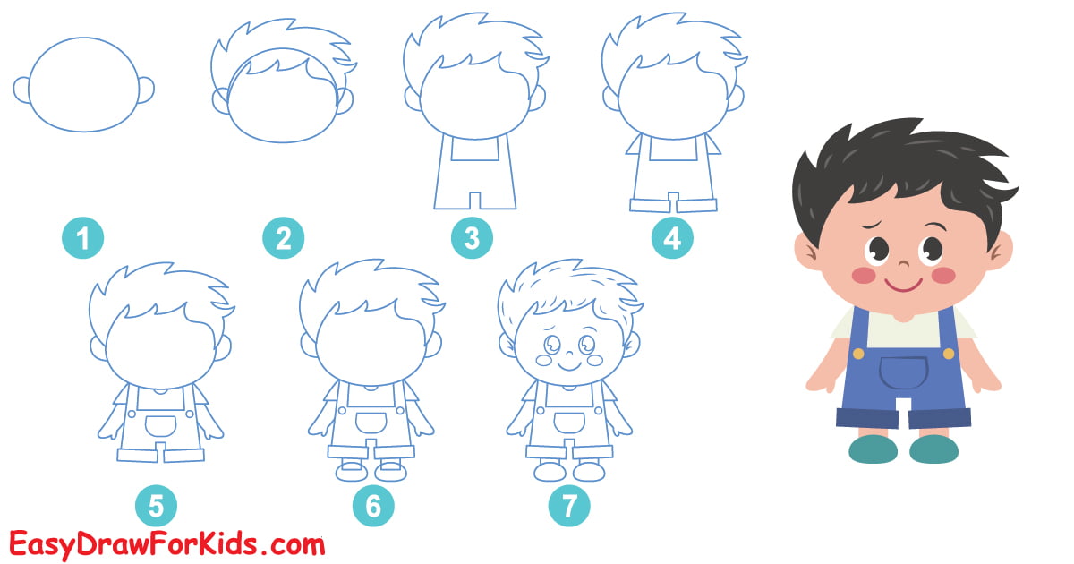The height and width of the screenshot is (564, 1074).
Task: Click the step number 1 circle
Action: tap(83, 239)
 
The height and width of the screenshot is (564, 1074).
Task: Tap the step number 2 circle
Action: tap(283, 239)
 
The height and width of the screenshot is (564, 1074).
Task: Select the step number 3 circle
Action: tap(473, 239)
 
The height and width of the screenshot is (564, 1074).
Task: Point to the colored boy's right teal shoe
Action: tap(933, 449)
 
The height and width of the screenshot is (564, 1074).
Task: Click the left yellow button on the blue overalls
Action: tap(858, 354)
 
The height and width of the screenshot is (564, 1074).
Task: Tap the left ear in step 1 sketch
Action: tap(21, 89)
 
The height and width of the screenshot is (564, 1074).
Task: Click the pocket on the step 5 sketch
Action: tap(160, 424)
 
